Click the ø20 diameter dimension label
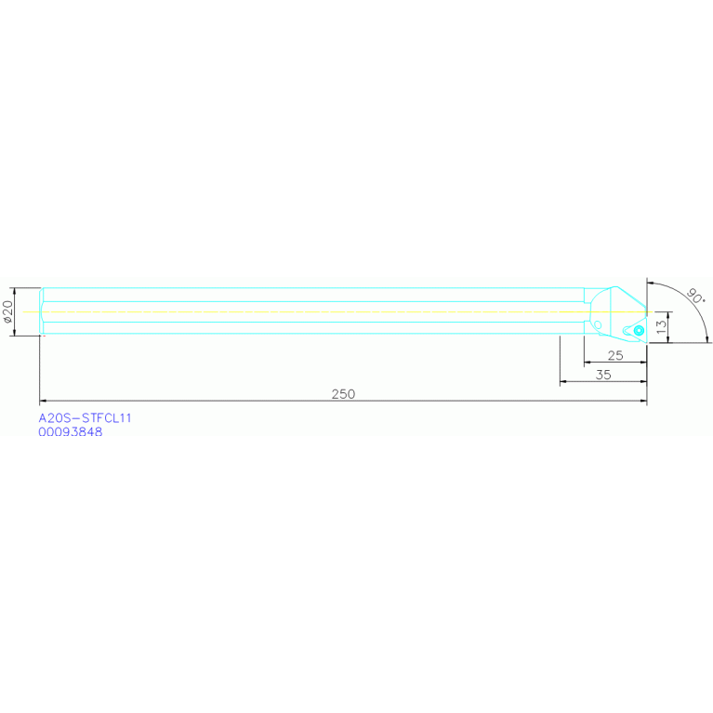click(7, 311)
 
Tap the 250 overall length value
click(344, 394)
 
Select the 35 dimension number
click(603, 375)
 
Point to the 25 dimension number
click(614, 356)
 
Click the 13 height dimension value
click(661, 326)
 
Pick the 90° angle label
click(694, 297)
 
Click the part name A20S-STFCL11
click(85, 418)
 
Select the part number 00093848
click(71, 431)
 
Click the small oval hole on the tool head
click(598, 324)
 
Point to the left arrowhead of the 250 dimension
click(43, 401)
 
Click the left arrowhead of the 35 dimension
click(563, 382)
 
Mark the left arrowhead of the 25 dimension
click(587, 363)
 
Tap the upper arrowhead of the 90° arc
click(652, 282)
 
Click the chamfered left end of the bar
click(42, 310)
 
